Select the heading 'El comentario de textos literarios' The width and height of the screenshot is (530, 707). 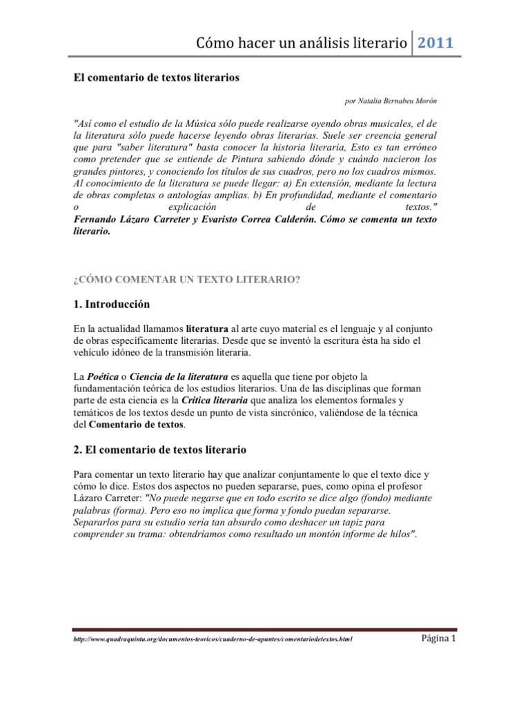pos(156,78)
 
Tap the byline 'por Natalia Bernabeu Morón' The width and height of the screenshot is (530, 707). pos(390,101)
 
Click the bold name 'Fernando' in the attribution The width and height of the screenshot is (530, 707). pos(95,219)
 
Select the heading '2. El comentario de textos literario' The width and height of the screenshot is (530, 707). pos(159,450)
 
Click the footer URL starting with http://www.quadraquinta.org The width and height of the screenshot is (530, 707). pos(213,639)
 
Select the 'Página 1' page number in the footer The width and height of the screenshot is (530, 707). pos(439,638)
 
